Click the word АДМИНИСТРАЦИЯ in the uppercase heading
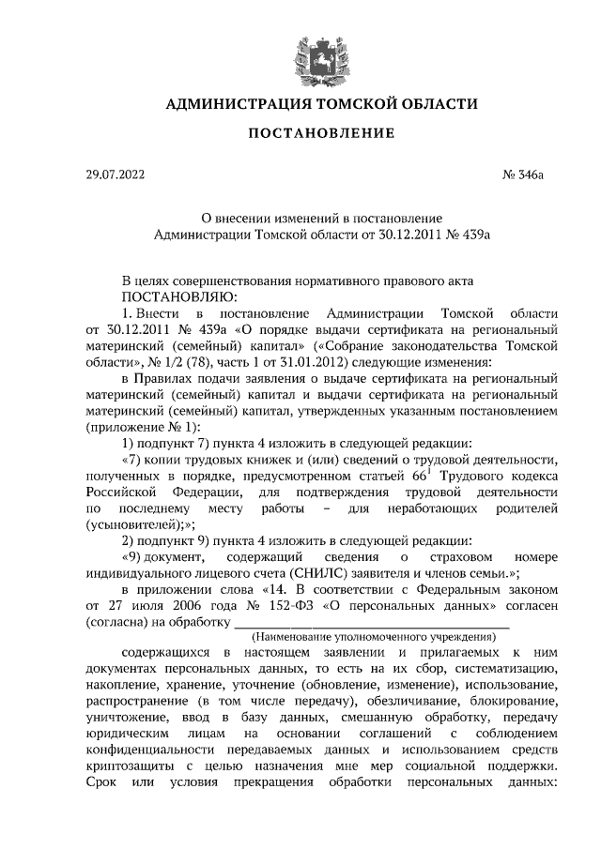point(223,104)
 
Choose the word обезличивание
point(405,701)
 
